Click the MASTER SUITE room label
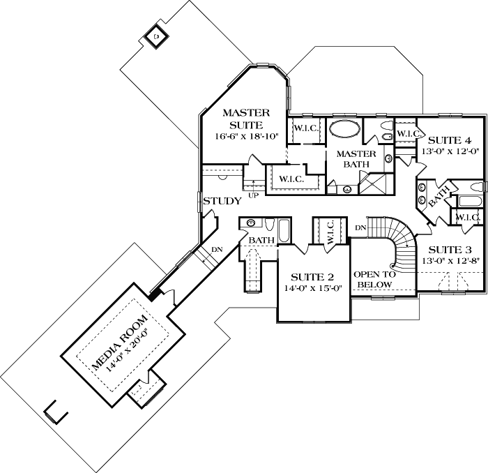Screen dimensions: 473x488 (x=242, y=118)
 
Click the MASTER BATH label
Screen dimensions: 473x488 (x=356, y=158)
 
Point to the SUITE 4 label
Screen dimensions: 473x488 (x=450, y=140)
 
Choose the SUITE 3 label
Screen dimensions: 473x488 (x=450, y=250)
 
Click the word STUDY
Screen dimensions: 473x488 (x=222, y=201)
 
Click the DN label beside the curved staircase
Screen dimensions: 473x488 (x=360, y=227)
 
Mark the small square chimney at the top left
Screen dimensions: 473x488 (x=157, y=36)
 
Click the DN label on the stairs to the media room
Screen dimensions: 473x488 (x=217, y=248)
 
